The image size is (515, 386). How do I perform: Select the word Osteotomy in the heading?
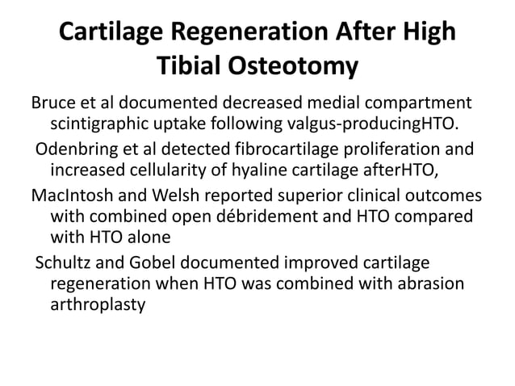(299, 68)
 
